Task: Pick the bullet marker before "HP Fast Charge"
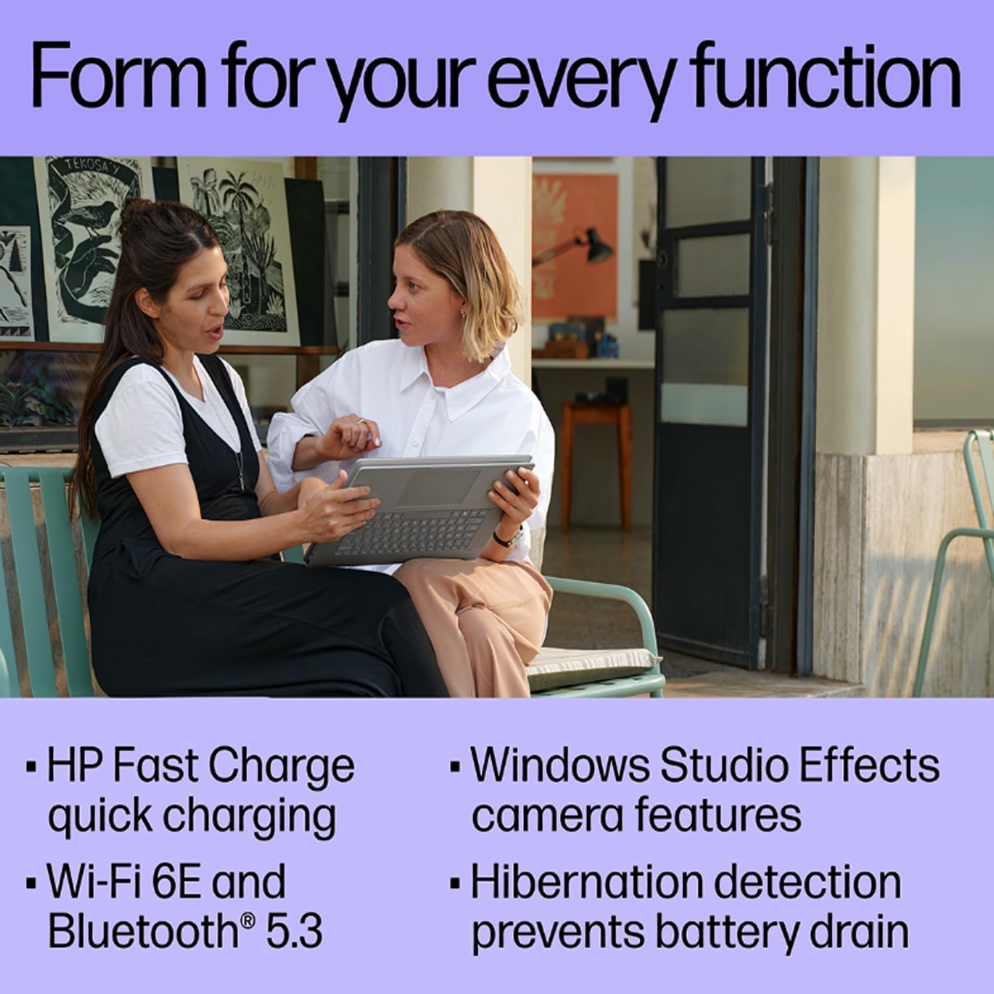[x=30, y=767]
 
